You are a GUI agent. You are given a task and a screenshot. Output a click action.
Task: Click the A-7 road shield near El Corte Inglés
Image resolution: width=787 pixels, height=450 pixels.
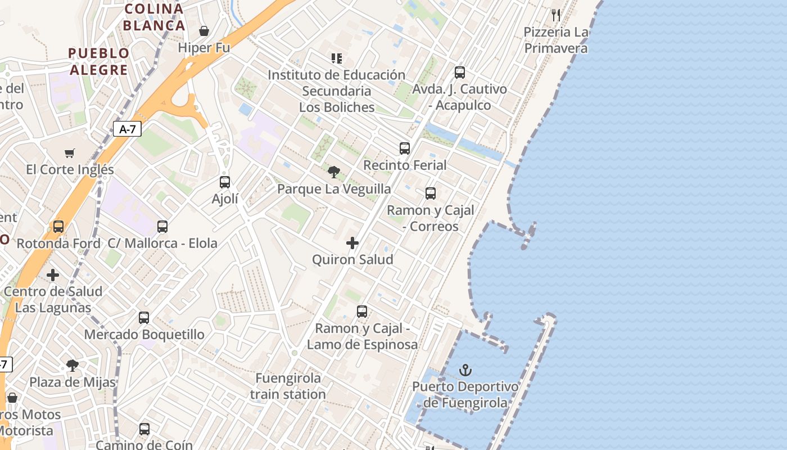click(128, 129)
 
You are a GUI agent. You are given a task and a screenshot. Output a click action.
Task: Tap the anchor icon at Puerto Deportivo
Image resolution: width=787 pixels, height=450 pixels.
click(465, 370)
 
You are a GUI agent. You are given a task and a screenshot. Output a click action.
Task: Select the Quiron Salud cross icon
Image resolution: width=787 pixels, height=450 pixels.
click(352, 243)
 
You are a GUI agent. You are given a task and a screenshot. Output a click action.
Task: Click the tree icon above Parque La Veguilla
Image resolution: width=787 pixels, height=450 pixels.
click(334, 172)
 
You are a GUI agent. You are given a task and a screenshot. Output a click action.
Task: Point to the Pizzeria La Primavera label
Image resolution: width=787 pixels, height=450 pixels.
click(556, 40)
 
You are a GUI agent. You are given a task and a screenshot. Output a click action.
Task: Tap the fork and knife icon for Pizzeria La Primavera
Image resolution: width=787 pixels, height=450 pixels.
click(556, 15)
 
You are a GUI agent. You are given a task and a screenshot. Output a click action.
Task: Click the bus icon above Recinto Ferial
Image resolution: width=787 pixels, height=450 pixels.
click(405, 148)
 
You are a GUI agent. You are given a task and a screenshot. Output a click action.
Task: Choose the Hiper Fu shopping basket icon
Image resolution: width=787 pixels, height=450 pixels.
click(204, 30)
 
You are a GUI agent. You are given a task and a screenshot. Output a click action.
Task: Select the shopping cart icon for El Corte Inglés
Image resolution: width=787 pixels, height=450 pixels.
click(70, 153)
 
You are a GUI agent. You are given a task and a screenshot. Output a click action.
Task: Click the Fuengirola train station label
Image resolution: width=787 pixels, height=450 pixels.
click(288, 386)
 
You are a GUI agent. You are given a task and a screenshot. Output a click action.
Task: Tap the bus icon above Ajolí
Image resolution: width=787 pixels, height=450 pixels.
click(225, 182)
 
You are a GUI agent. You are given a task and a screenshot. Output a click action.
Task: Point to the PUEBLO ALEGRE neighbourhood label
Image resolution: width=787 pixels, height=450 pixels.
click(98, 61)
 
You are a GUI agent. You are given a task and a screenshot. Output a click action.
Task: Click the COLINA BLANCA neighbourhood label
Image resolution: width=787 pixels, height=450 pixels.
click(154, 17)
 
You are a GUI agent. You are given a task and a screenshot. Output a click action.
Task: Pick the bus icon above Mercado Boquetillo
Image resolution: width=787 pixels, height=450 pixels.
click(144, 318)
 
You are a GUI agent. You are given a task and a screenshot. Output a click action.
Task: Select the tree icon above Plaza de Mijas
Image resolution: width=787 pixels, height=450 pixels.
click(73, 366)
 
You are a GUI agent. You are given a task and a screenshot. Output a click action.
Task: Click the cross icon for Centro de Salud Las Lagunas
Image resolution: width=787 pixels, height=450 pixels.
click(53, 275)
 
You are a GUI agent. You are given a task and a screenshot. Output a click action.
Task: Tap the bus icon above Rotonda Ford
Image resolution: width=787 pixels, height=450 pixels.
click(58, 227)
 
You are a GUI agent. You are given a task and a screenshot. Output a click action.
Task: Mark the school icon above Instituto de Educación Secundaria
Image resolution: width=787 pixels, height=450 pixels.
click(337, 58)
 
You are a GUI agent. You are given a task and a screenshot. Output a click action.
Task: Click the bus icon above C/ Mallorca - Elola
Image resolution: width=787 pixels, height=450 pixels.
click(162, 227)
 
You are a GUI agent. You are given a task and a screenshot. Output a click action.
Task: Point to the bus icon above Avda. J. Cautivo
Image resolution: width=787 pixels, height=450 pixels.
click(460, 73)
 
